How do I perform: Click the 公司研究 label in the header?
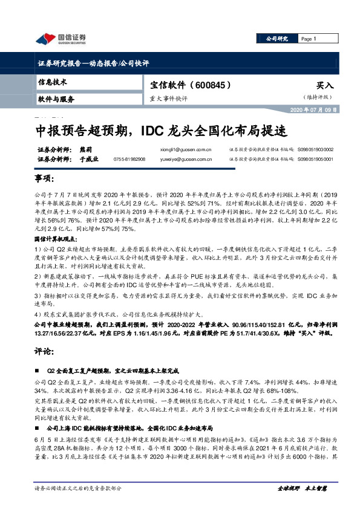pos(278,39)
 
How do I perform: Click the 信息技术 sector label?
pos(53,81)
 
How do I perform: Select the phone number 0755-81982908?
pos(129,158)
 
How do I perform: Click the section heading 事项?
pos(44,180)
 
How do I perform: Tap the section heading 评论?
pos(44,350)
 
